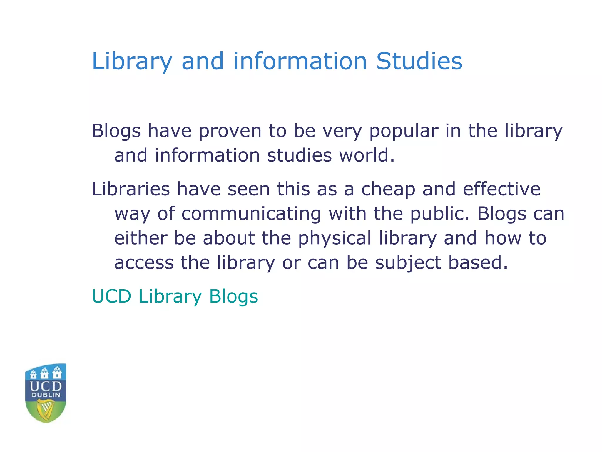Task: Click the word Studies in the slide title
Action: (x=419, y=61)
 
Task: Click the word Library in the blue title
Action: (x=132, y=62)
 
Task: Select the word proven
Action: (x=230, y=131)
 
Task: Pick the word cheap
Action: (x=388, y=189)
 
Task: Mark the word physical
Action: (x=335, y=238)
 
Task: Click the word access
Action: (x=144, y=262)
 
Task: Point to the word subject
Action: (x=408, y=263)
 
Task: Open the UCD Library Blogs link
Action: (x=175, y=296)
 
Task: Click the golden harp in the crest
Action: (x=46, y=411)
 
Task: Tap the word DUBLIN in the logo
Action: (x=46, y=395)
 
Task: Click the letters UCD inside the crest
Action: (x=46, y=386)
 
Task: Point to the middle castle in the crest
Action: (x=45, y=373)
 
